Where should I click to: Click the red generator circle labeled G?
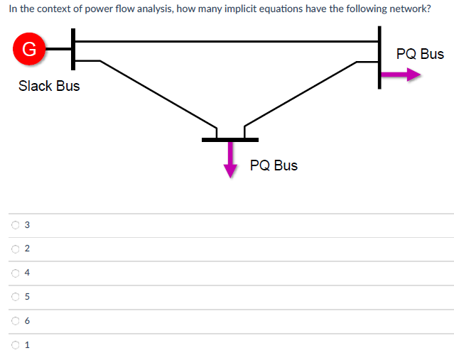pos(28,49)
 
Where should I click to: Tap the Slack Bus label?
pos(49,86)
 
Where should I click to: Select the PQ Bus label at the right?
pos(420,54)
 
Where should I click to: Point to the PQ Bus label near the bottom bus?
pos(274,165)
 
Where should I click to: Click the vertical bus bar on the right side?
pos(379,57)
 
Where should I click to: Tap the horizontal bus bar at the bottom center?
pos(229,139)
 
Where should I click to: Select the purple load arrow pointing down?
pos(230,159)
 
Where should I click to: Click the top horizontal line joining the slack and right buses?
pos(227,41)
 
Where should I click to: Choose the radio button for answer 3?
pos(15,225)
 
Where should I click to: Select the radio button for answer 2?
pos(15,249)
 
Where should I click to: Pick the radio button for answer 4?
pos(15,273)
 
